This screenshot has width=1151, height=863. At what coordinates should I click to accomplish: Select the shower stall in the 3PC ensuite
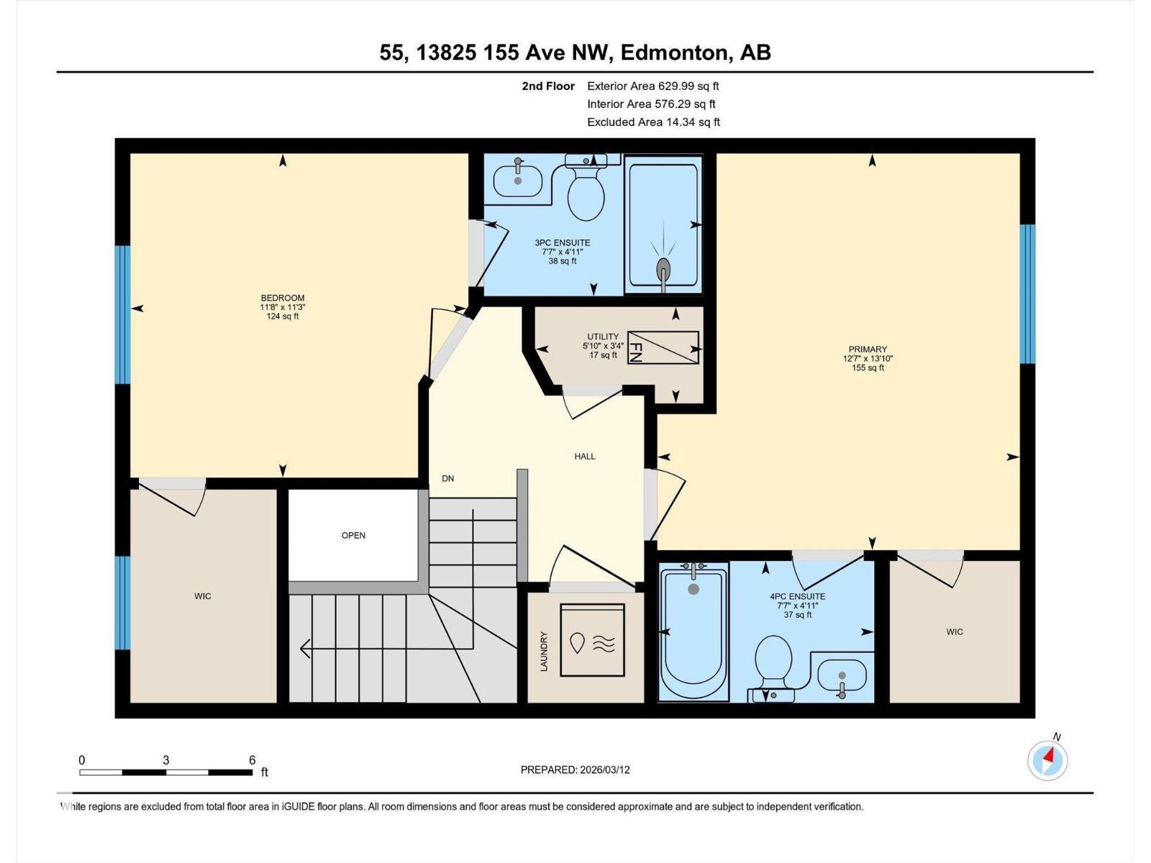pyautogui.click(x=663, y=225)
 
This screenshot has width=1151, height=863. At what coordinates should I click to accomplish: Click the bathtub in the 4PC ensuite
pyautogui.click(x=693, y=634)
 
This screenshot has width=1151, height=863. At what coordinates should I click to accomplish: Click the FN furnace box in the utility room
pyautogui.click(x=663, y=348)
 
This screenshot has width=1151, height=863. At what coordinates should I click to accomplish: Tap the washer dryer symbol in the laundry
pyautogui.click(x=592, y=640)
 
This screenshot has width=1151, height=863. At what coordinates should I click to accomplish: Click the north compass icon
pyautogui.click(x=1047, y=759)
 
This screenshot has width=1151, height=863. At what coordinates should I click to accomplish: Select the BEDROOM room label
pyautogui.click(x=282, y=298)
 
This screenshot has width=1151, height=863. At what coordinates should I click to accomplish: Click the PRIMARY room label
pyautogui.click(x=868, y=349)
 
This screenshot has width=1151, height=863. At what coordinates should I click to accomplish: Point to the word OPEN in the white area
pyautogui.click(x=353, y=535)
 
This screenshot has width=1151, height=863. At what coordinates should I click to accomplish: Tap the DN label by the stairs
pyautogui.click(x=447, y=478)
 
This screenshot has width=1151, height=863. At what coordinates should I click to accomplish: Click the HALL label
pyautogui.click(x=584, y=456)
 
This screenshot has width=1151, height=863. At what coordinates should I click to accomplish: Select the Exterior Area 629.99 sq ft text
pyautogui.click(x=652, y=86)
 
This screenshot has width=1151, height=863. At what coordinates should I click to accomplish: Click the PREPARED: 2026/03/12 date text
pyautogui.click(x=575, y=770)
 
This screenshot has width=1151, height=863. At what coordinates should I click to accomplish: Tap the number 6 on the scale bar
pyautogui.click(x=253, y=760)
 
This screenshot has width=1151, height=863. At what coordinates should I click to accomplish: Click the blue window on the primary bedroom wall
pyautogui.click(x=1027, y=293)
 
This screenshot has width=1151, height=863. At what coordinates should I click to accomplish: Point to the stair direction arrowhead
pyautogui.click(x=305, y=649)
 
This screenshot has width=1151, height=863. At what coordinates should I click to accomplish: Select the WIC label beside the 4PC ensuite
pyautogui.click(x=954, y=631)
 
